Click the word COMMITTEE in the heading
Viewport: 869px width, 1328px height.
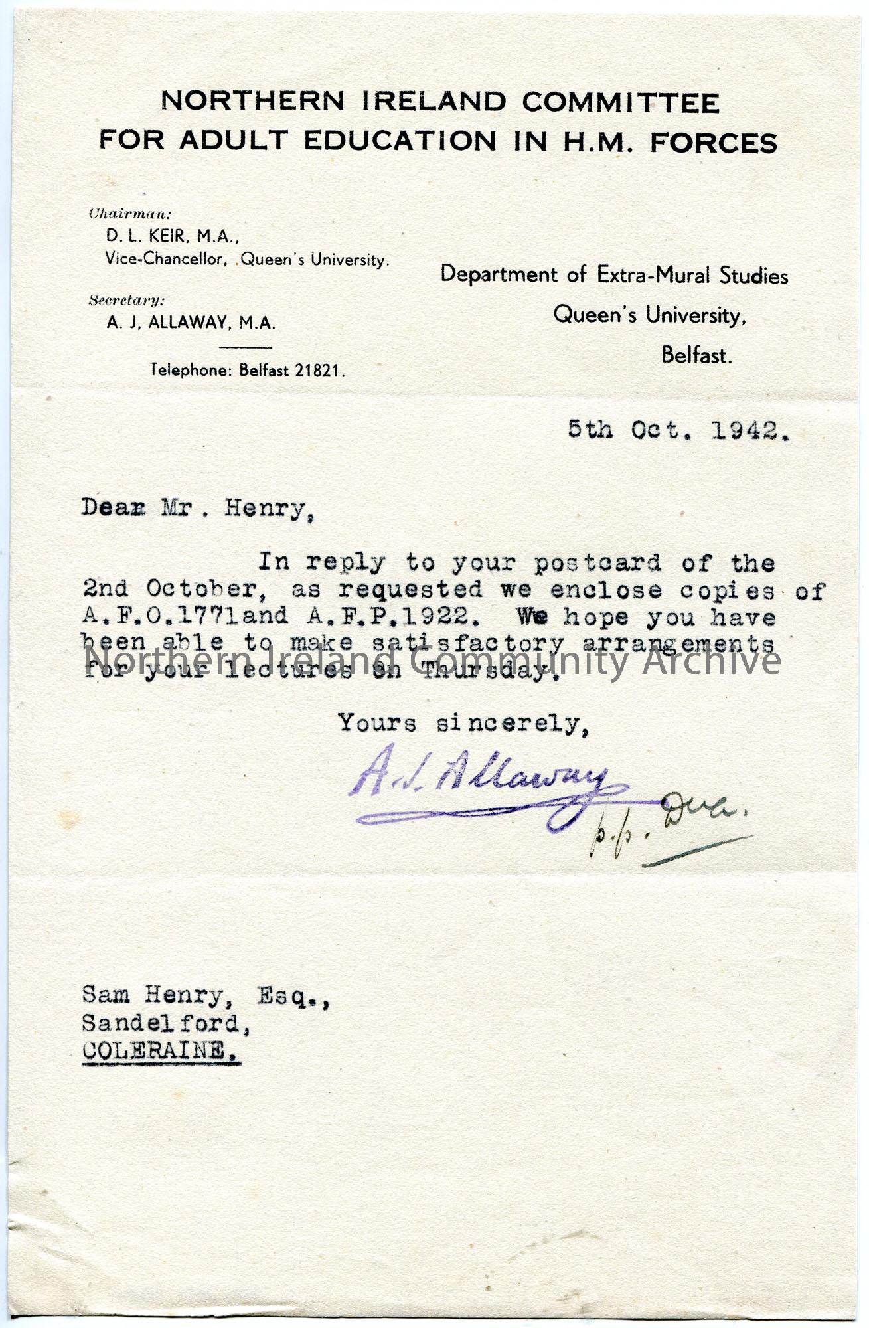tap(620, 102)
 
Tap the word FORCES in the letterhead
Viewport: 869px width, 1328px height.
tap(713, 143)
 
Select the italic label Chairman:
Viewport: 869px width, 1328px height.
tap(130, 214)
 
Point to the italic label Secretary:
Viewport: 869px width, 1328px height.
tap(127, 300)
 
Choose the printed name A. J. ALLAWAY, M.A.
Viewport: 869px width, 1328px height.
tap(191, 323)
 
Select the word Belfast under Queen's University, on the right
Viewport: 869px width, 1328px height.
tap(696, 355)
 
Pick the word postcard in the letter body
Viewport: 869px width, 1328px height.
tap(597, 563)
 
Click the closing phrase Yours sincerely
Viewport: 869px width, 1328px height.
tap(462, 723)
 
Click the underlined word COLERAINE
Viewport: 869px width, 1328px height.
tap(161, 1050)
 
